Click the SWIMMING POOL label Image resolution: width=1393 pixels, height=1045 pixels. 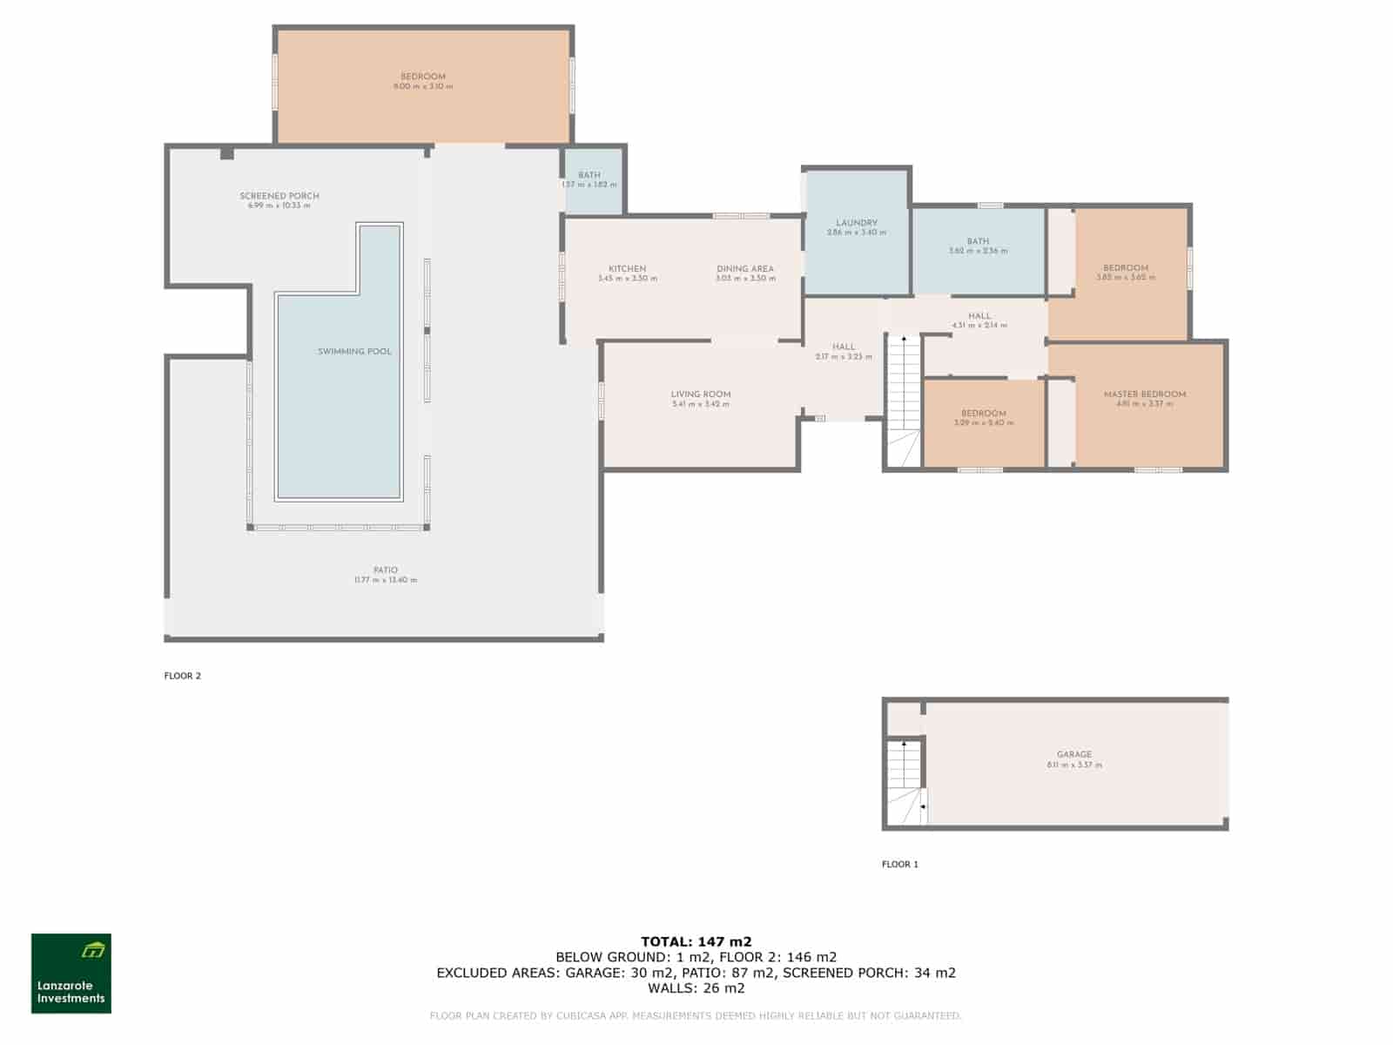click(354, 352)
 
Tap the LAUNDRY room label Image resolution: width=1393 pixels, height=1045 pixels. click(857, 224)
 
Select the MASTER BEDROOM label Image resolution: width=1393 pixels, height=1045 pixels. click(1145, 394)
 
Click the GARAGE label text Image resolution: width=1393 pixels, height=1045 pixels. click(1074, 755)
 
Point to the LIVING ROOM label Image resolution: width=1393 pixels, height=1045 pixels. click(701, 394)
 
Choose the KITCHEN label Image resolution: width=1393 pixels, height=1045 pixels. click(627, 269)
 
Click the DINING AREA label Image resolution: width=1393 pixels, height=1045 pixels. click(745, 269)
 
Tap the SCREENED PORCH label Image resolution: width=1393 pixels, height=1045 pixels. click(279, 196)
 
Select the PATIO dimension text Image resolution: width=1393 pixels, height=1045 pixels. click(386, 581)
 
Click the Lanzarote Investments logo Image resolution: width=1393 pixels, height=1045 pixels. click(71, 974)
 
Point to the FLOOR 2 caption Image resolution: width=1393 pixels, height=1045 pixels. click(183, 676)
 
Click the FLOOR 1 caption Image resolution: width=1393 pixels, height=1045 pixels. click(900, 865)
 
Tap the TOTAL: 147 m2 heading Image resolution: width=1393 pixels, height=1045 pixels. click(696, 941)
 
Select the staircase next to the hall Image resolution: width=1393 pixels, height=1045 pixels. click(904, 392)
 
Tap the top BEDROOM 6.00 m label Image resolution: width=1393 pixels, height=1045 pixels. click(423, 78)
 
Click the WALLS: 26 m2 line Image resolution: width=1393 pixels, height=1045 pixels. click(696, 988)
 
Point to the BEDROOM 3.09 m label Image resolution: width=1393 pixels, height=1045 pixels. click(984, 415)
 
